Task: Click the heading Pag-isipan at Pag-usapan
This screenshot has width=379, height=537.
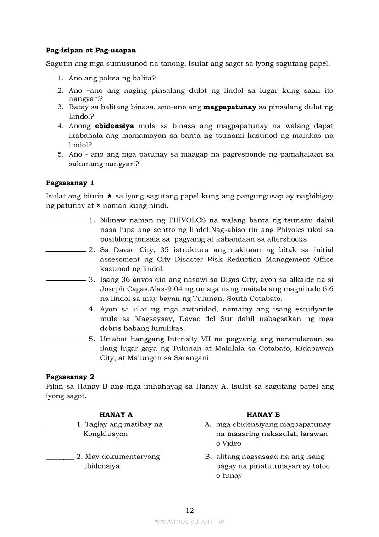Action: coord(91,50)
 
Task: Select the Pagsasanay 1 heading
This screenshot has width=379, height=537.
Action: coord(70,183)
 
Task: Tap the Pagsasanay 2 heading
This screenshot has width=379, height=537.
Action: coord(70,377)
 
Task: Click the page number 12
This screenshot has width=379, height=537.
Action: coord(190,510)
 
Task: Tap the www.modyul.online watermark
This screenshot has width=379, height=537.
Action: coord(189,521)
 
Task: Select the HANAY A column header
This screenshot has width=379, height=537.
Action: coord(116,414)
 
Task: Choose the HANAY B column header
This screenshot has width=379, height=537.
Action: coord(263,414)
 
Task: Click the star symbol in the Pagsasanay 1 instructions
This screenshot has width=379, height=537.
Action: coord(110,196)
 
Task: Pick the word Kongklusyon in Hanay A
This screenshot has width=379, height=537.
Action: coord(106,434)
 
